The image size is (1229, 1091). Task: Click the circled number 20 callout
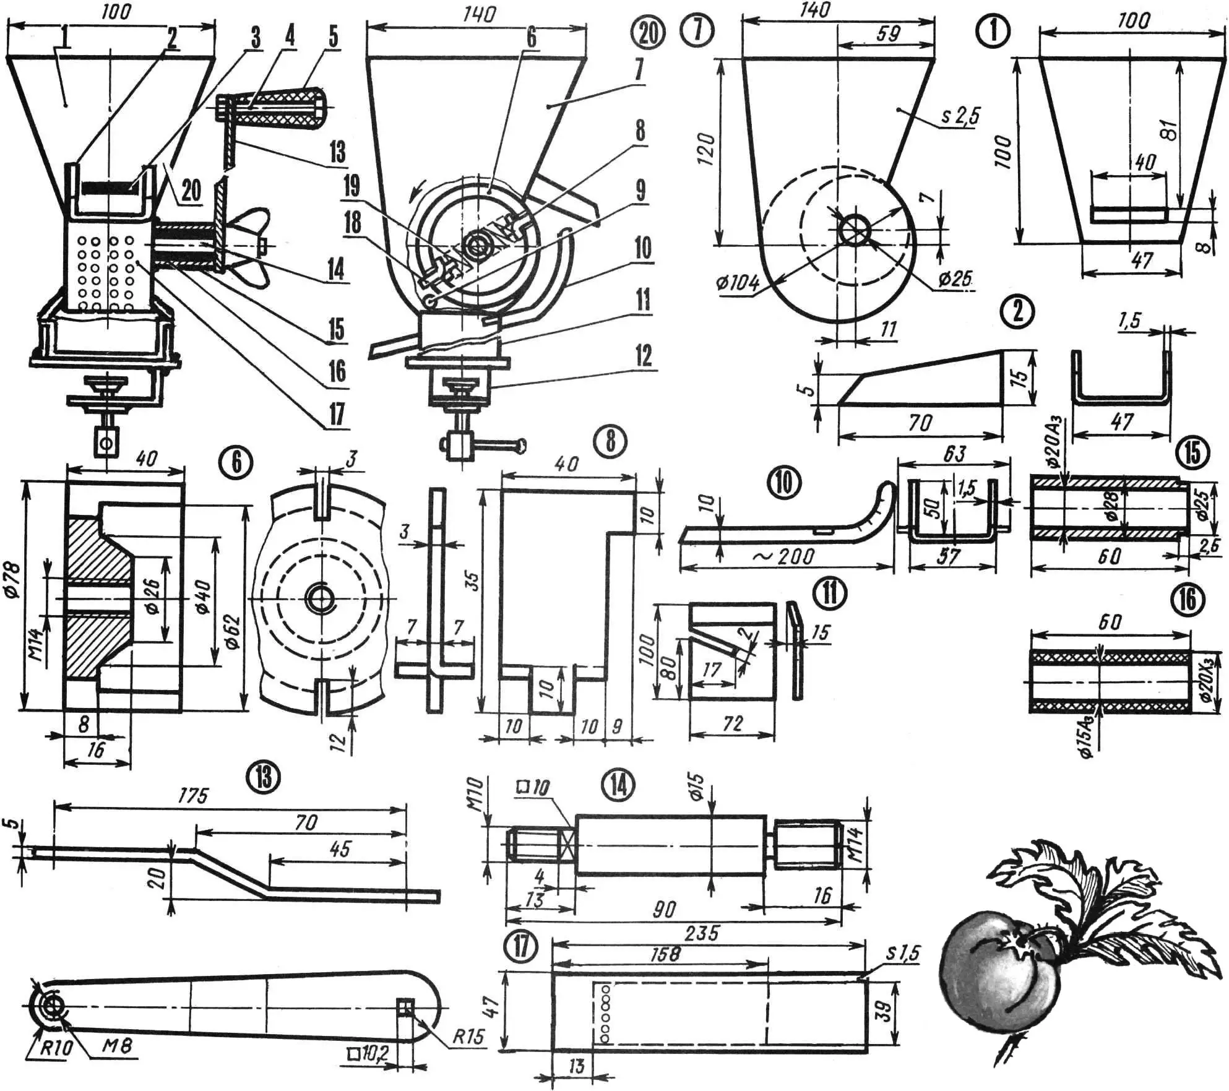648,32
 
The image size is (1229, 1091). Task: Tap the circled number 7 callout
698,30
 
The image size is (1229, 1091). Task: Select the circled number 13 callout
265,776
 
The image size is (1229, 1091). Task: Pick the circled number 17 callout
521,947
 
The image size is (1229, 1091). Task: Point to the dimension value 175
192,796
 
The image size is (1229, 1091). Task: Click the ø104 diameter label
738,283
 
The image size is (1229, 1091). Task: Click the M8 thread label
115,1045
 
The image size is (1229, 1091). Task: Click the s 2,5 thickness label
960,116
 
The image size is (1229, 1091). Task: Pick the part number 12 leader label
644,356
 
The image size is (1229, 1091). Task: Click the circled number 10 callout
783,482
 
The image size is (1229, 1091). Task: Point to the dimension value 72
732,723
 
